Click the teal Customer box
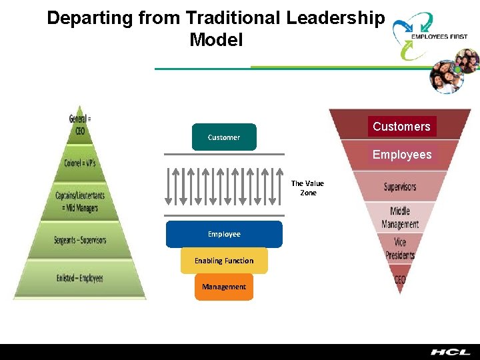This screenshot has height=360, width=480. pyautogui.click(x=224, y=137)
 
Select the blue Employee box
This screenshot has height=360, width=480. pyautogui.click(x=224, y=234)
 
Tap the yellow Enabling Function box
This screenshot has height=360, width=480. pyautogui.click(x=224, y=261)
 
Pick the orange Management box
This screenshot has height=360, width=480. pyautogui.click(x=224, y=287)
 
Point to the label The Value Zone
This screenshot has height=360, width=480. pyautogui.click(x=307, y=188)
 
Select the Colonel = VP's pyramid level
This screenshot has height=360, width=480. pyautogui.click(x=80, y=163)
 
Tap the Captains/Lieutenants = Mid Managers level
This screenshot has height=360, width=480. pyautogui.click(x=80, y=201)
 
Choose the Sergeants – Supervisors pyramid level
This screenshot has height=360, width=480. pyautogui.click(x=80, y=240)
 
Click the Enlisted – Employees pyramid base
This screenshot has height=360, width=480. pyautogui.click(x=80, y=278)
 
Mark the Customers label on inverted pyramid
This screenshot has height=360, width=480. pyautogui.click(x=401, y=127)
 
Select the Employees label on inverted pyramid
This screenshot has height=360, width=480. pyautogui.click(x=402, y=155)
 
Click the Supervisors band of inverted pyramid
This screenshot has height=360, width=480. pyautogui.click(x=400, y=187)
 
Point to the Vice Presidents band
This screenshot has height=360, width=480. pyautogui.click(x=400, y=248)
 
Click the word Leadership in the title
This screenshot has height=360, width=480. pyautogui.click(x=335, y=19)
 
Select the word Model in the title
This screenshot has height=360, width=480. pyautogui.click(x=216, y=40)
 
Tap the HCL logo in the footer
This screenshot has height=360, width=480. pyautogui.click(x=449, y=352)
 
